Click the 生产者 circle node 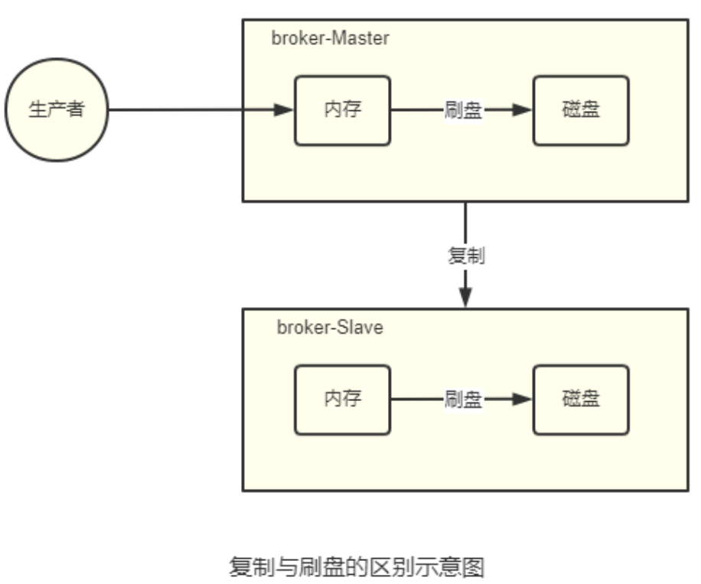click(x=56, y=109)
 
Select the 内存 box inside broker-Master click(x=342, y=109)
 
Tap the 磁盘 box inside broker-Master click(x=581, y=109)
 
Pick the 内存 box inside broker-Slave click(x=342, y=399)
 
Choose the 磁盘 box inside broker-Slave click(x=581, y=399)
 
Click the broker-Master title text click(x=330, y=39)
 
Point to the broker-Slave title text click(x=330, y=328)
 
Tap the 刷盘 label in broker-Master click(x=463, y=109)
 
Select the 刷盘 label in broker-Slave click(x=463, y=399)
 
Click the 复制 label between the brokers click(x=466, y=256)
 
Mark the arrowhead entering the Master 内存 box click(x=285, y=109)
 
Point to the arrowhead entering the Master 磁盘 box click(x=523, y=109)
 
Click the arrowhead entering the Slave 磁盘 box click(x=523, y=399)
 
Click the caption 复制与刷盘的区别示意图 click(x=357, y=567)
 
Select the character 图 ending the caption click(x=474, y=567)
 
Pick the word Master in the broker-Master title click(x=364, y=39)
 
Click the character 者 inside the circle click(x=74, y=109)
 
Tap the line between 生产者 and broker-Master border click(x=176, y=109)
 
